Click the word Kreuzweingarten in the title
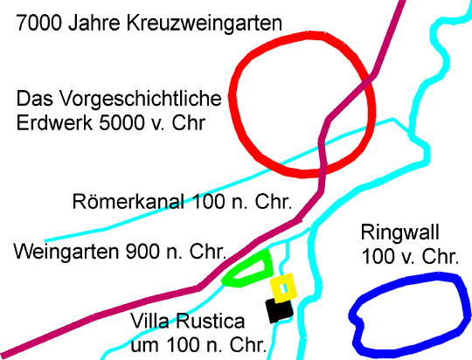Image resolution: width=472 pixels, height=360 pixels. [205, 24]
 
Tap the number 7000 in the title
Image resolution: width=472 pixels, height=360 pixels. [38, 23]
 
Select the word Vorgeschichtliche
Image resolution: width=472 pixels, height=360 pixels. [140, 99]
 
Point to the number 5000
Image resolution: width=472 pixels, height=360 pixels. [121, 123]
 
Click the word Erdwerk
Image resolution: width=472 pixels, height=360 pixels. [54, 123]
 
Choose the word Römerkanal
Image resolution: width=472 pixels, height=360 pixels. [128, 201]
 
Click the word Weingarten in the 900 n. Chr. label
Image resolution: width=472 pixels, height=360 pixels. [66, 252]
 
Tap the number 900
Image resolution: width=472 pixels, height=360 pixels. [142, 252]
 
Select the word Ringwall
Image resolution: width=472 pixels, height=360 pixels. [400, 232]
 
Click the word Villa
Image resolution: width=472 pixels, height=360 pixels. [149, 321]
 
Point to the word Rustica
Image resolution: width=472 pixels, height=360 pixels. [211, 321]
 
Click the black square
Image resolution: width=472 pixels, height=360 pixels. [279, 310]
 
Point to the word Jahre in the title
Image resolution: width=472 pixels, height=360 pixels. [94, 23]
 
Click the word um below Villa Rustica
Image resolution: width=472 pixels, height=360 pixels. [144, 346]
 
